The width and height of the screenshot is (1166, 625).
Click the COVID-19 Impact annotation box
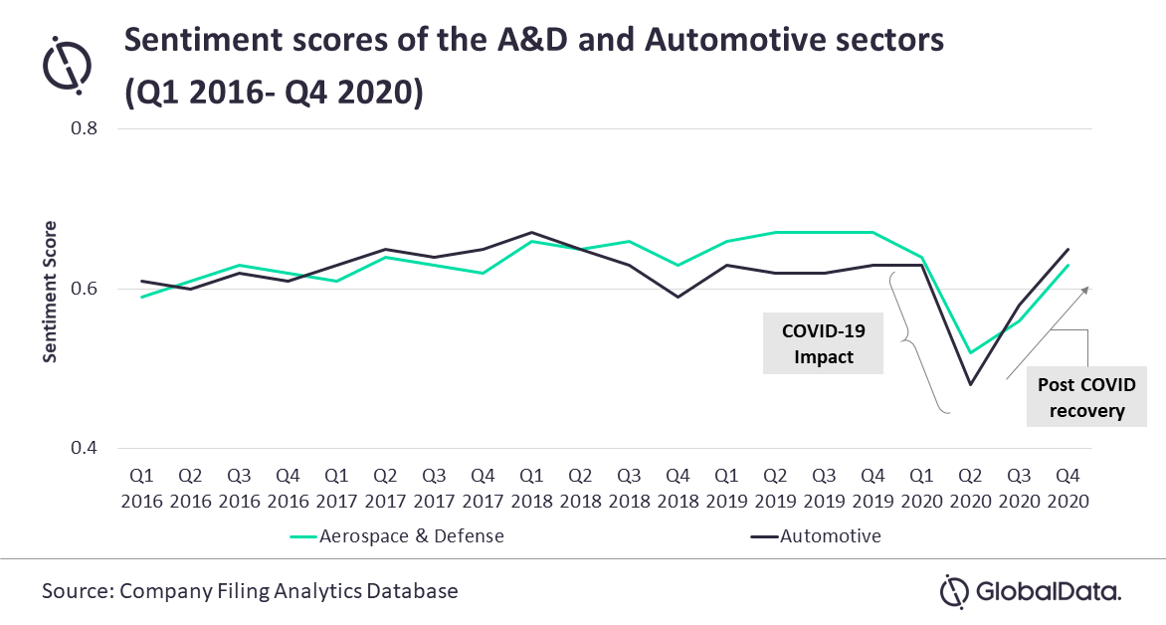coord(823,344)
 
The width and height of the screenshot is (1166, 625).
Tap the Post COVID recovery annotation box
coord(1085,398)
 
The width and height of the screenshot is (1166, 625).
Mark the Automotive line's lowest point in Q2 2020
coord(969,384)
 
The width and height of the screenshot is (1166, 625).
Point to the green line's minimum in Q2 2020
coord(969,352)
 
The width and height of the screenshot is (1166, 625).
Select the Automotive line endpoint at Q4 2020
coord(1067,249)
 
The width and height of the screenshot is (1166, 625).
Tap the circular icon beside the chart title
coord(66,63)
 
